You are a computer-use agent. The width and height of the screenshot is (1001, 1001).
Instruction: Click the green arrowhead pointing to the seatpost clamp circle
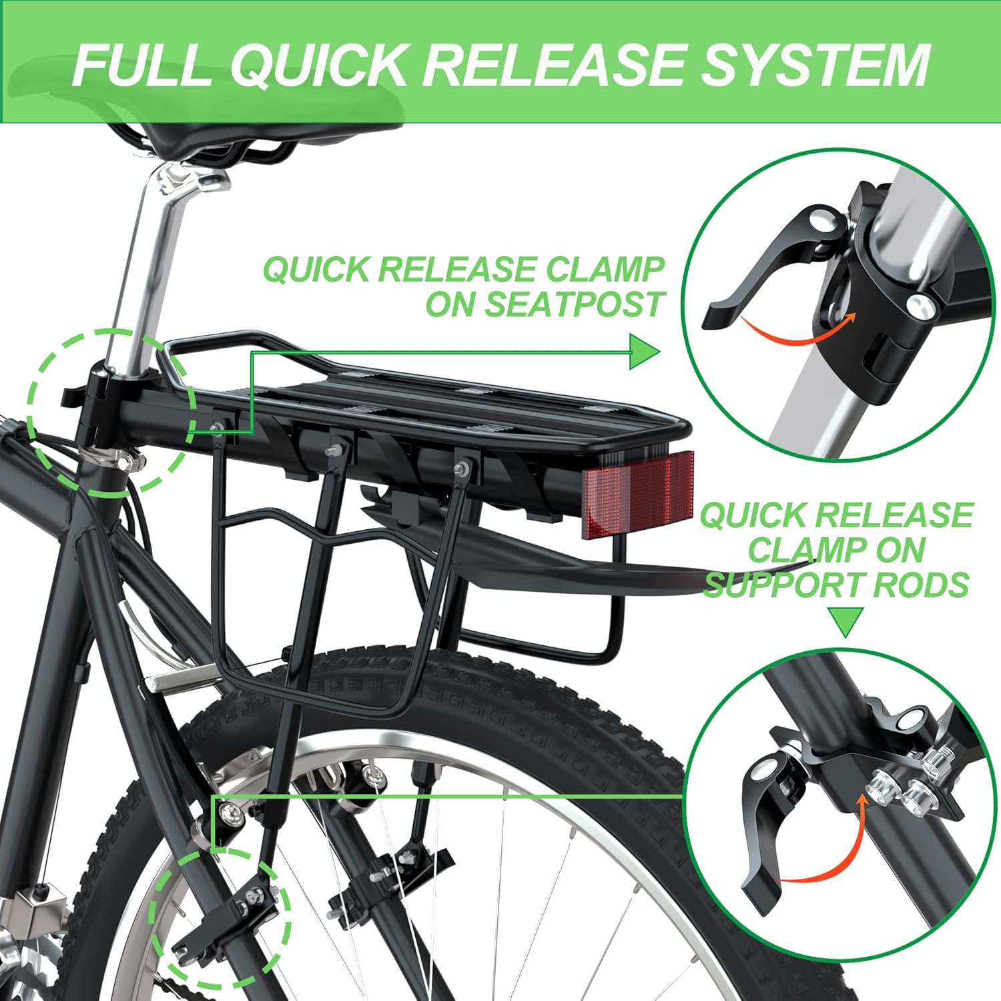click(643, 352)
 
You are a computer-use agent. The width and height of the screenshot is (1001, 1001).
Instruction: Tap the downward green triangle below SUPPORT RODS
click(844, 622)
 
